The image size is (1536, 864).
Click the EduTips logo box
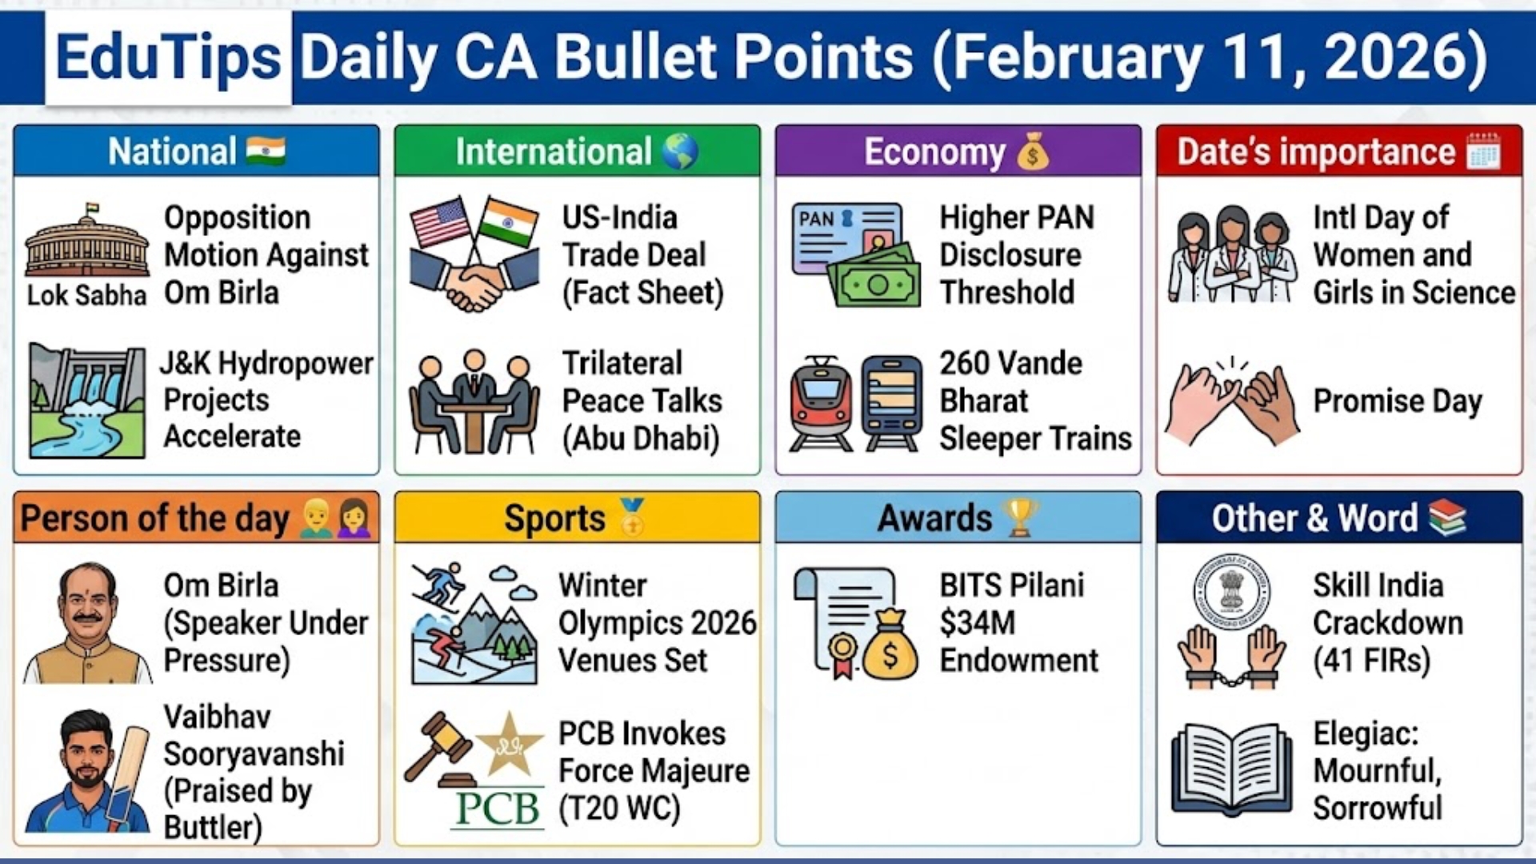click(169, 58)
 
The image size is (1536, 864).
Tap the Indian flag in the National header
click(266, 150)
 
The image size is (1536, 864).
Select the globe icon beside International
click(680, 150)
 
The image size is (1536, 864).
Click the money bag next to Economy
click(1033, 150)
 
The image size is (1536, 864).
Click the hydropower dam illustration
click(86, 400)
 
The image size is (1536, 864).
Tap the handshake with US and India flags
click(474, 254)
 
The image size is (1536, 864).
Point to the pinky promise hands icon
click(1232, 400)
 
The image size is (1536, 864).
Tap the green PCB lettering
click(498, 809)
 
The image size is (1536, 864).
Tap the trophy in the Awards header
click(1021, 518)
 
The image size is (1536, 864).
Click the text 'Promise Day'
click(1398, 401)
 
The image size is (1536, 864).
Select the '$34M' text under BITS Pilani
click(977, 622)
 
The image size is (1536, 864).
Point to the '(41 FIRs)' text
click(1371, 661)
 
